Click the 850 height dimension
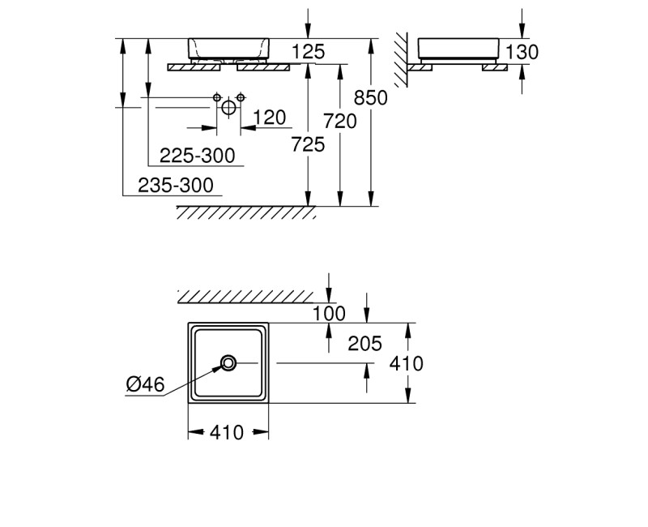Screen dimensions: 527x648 point(371,97)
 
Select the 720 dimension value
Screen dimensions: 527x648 point(340,121)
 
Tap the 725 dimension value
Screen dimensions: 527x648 point(308,144)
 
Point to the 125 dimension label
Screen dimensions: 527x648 point(308,52)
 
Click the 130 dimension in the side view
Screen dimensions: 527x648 point(522,52)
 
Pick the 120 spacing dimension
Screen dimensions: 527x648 point(269,118)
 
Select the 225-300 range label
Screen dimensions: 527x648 point(197,155)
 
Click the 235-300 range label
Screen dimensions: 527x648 point(176,185)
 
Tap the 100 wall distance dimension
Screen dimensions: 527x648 point(328,313)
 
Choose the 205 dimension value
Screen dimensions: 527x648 point(364,343)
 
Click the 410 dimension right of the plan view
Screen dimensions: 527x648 point(406,363)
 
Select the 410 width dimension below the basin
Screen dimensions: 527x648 point(227,433)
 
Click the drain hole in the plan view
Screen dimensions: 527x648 point(228,362)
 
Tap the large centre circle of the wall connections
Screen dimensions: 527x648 point(228,106)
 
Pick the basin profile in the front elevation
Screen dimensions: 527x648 point(228,49)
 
